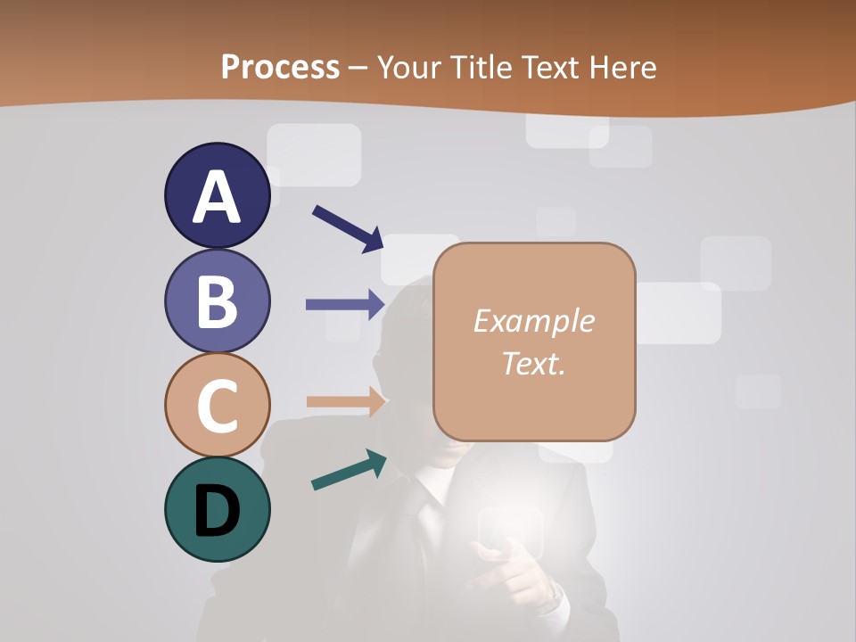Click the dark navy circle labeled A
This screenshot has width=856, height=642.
coord(217,195)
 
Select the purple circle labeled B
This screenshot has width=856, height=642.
coord(217,300)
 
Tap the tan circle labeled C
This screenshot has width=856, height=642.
coord(217,405)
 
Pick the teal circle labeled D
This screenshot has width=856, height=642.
coord(217,509)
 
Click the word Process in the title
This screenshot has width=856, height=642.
coord(280,67)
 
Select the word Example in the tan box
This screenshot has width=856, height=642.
coord(533,321)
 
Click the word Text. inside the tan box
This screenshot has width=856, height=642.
coord(533,363)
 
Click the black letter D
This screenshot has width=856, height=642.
coord(217,512)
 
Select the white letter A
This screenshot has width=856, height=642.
coord(217,197)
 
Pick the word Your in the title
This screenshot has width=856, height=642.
coord(410,67)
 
